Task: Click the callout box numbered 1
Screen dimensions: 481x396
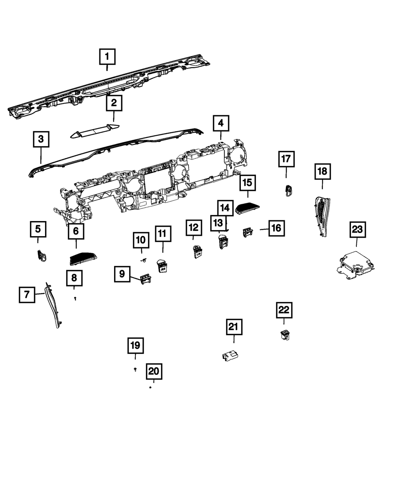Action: [107, 57]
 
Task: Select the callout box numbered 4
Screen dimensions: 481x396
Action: [221, 123]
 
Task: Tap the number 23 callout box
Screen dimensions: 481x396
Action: [358, 229]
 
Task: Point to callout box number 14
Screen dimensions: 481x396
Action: [225, 208]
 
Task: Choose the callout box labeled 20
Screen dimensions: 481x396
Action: [154, 371]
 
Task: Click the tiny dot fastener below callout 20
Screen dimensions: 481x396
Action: [150, 387]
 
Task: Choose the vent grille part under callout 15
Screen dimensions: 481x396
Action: [248, 208]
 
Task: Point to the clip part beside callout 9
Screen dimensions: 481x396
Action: [145, 279]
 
